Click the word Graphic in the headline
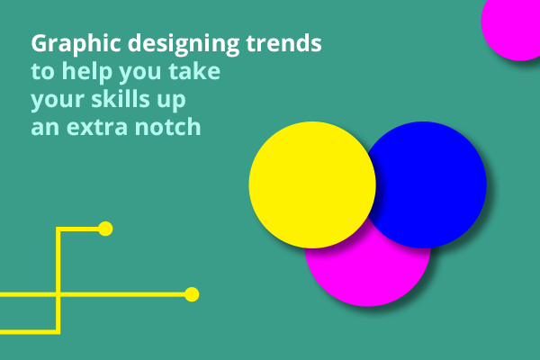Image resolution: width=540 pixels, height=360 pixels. click(76, 44)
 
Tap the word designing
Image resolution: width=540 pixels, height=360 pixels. click(184, 44)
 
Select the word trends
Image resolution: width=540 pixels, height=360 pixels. click(283, 42)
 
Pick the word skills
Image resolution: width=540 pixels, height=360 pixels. click(121, 98)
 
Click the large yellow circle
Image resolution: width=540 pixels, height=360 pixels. click(312, 184)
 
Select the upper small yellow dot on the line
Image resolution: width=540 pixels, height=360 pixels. click(105, 229)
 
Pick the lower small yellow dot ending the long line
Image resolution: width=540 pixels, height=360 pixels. click(192, 294)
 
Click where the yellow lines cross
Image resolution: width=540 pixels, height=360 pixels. click(58, 294)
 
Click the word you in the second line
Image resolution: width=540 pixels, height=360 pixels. click(140, 73)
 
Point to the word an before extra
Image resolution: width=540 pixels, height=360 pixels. click(45, 128)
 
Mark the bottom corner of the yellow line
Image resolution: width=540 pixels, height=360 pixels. click(58, 332)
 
